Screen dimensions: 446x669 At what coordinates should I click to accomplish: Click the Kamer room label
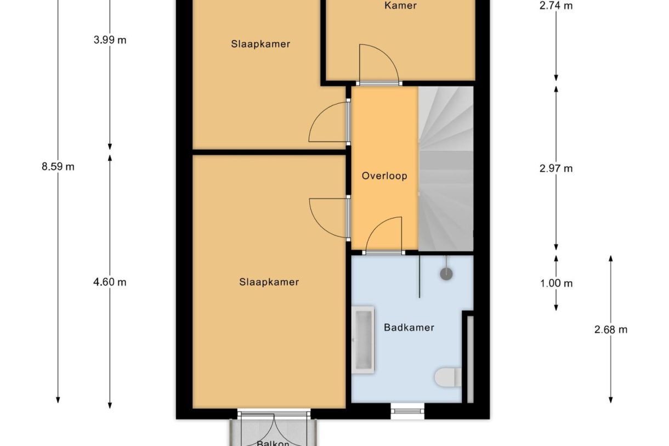click(x=400, y=6)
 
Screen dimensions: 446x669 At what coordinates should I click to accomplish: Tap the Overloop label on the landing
click(x=384, y=176)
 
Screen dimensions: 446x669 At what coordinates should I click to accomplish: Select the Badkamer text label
click(x=409, y=328)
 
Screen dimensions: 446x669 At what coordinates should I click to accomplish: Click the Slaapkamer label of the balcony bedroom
click(x=269, y=282)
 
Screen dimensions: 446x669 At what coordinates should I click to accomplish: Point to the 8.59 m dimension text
click(x=58, y=167)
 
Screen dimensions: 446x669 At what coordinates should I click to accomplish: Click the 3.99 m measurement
click(x=110, y=40)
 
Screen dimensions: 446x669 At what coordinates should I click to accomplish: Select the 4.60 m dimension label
click(x=110, y=282)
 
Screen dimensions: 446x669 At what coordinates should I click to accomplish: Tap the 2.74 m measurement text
click(x=555, y=6)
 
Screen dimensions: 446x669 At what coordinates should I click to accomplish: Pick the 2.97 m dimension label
click(x=555, y=168)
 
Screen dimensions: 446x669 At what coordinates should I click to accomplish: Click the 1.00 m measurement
click(x=555, y=284)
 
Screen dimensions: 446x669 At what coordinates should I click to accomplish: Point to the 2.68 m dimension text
click(x=610, y=330)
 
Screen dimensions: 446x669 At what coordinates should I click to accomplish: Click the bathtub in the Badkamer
click(x=363, y=340)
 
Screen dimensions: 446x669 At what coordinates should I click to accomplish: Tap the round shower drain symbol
click(x=447, y=273)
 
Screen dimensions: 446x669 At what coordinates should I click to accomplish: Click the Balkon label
click(x=273, y=442)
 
